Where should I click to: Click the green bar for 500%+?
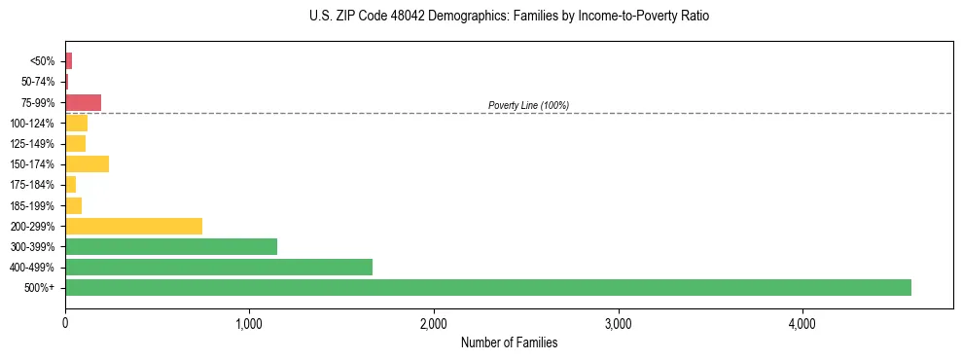[487, 287]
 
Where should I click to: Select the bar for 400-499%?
[219, 267]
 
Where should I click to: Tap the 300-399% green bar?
[171, 246]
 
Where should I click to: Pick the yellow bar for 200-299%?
[133, 226]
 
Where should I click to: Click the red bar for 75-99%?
[83, 102]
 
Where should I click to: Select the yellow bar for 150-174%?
[87, 164]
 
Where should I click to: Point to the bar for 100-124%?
[76, 123]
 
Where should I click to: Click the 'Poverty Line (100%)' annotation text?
[528, 105]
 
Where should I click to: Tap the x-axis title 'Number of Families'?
[509, 342]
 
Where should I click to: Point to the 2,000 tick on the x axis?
[434, 322]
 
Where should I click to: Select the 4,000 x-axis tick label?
[802, 322]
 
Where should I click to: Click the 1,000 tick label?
[249, 322]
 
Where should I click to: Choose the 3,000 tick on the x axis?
[618, 322]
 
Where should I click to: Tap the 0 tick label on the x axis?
[65, 322]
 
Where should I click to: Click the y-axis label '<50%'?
[43, 61]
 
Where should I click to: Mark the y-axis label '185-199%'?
[32, 205]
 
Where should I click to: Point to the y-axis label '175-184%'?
[32, 185]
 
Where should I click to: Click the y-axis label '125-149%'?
[32, 144]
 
